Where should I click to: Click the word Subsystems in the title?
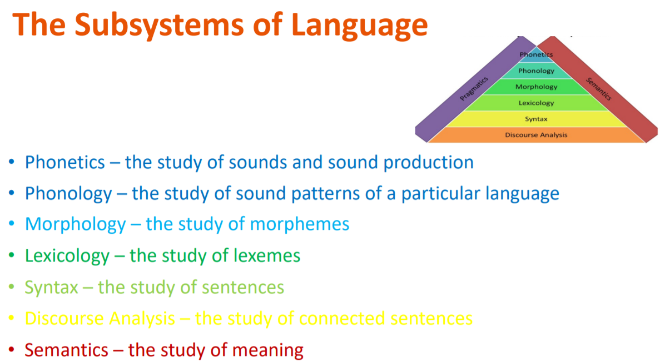click(158, 24)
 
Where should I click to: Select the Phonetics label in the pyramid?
click(536, 54)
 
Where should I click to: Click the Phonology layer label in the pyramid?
click(536, 71)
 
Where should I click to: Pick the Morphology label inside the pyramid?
click(536, 87)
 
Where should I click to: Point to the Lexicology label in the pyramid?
click(536, 103)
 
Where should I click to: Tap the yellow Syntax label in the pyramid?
click(536, 119)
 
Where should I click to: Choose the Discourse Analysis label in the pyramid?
click(536, 135)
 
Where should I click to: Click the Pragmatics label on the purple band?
click(474, 89)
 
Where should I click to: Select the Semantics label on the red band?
click(598, 89)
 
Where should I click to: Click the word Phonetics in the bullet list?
click(65, 162)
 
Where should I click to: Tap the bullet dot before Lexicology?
click(11, 255)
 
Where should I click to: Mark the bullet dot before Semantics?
click(11, 349)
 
